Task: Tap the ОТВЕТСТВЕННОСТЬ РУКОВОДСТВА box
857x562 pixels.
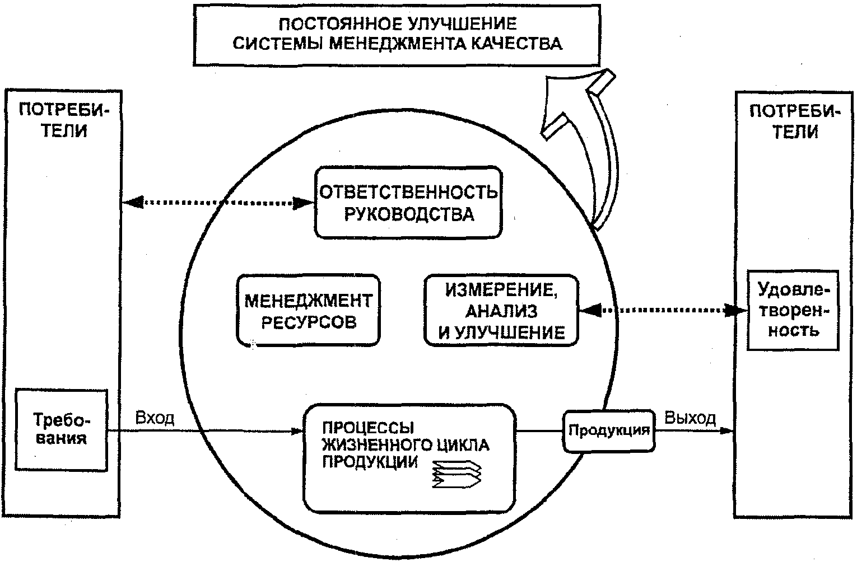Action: [x=408, y=203]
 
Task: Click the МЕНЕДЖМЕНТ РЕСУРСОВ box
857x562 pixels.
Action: [x=308, y=310]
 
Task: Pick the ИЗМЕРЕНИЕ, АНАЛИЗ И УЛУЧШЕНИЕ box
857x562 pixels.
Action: [x=501, y=310]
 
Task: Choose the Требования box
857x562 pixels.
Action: [x=61, y=429]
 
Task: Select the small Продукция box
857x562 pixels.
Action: [x=609, y=430]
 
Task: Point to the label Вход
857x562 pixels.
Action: [x=155, y=418]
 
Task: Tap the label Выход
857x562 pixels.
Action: [x=690, y=418]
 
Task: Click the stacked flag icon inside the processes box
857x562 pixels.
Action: [x=457, y=475]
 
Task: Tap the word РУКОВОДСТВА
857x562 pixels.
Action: [x=408, y=214]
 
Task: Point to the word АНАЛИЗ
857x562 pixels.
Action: [x=501, y=311]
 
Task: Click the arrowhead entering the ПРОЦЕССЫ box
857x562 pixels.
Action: [x=297, y=431]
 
